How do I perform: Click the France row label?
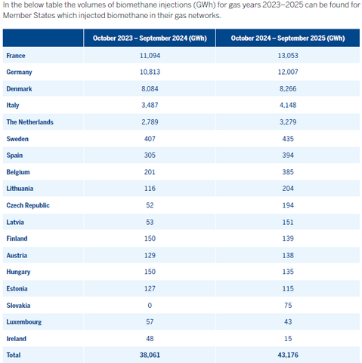pyautogui.click(x=16, y=57)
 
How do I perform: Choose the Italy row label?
pyautogui.click(x=13, y=106)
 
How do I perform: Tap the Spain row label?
pyautogui.click(x=15, y=155)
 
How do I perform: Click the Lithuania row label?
pyautogui.click(x=20, y=189)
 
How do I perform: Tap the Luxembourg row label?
pyautogui.click(x=24, y=321)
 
